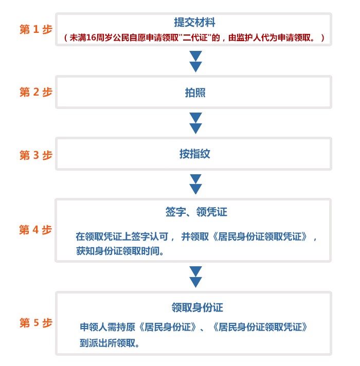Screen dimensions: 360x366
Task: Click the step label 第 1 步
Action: pyautogui.click(x=35, y=29)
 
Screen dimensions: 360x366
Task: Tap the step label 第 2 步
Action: pyautogui.click(x=35, y=92)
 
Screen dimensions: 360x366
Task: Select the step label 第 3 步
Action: pyautogui.click(x=35, y=155)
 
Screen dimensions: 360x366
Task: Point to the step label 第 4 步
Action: pyautogui.click(x=35, y=230)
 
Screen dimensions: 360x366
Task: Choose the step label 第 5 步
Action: pyautogui.click(x=35, y=323)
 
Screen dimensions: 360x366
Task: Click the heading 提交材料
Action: pyautogui.click(x=194, y=23)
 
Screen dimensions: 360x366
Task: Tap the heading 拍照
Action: pyautogui.click(x=195, y=93)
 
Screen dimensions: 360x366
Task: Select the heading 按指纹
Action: pyautogui.click(x=195, y=154)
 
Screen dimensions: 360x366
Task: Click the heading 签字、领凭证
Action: pyautogui.click(x=196, y=212)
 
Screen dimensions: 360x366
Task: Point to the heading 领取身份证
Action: pyautogui.click(x=197, y=307)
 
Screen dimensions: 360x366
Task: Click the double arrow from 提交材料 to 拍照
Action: pyautogui.click(x=195, y=61)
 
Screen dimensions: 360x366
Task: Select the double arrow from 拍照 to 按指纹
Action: pyautogui.click(x=195, y=123)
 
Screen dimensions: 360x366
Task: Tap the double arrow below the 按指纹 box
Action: pyautogui.click(x=195, y=185)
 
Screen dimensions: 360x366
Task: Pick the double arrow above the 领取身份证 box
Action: pyautogui.click(x=195, y=277)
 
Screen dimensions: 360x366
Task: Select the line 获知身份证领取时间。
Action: pyautogui.click(x=120, y=251)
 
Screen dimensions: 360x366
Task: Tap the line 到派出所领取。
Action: pyautogui.click(x=110, y=343)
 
